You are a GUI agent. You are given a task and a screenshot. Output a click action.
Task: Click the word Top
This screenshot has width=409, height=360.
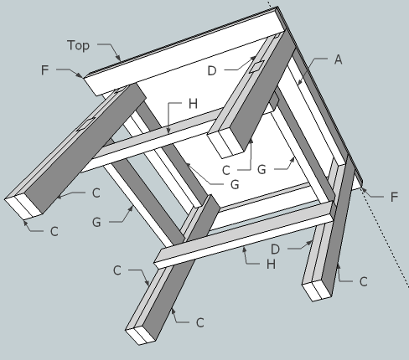(x=78, y=45)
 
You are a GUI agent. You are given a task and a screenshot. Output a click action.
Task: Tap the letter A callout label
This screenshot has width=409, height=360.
(x=338, y=59)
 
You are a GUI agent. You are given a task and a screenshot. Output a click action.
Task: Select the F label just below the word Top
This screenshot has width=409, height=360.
(x=44, y=69)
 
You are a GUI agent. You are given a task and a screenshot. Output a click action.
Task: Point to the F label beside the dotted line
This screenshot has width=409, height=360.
(x=394, y=197)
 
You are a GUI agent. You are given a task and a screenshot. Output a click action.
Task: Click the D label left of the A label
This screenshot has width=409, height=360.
(x=212, y=71)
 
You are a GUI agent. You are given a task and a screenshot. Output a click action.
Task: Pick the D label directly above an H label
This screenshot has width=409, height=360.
(x=275, y=249)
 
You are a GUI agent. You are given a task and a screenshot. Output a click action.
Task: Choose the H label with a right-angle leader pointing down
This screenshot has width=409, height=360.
(x=194, y=104)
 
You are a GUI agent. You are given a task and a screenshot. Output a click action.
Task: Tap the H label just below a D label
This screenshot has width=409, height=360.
(x=271, y=264)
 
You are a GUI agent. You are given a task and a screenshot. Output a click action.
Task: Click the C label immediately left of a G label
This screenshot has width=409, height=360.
(x=226, y=170)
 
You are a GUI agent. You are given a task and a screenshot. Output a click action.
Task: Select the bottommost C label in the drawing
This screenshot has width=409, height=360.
(x=200, y=323)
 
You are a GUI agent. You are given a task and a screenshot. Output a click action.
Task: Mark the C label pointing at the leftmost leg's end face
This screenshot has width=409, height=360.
(x=54, y=232)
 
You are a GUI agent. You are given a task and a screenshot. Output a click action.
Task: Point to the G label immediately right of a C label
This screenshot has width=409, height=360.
(x=261, y=169)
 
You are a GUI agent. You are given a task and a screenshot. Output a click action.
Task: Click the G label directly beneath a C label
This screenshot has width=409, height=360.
(x=96, y=223)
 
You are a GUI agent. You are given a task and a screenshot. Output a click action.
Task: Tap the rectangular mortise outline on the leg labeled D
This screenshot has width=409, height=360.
(x=256, y=67)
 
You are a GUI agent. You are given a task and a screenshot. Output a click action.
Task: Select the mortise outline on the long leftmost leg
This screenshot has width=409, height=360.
(x=86, y=124)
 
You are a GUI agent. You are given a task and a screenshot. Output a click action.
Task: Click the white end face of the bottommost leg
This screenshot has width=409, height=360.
(x=141, y=335)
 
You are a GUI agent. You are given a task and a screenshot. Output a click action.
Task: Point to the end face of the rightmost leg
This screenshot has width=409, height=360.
(x=318, y=291)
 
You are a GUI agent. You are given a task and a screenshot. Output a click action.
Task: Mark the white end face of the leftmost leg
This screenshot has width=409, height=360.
(x=23, y=207)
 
